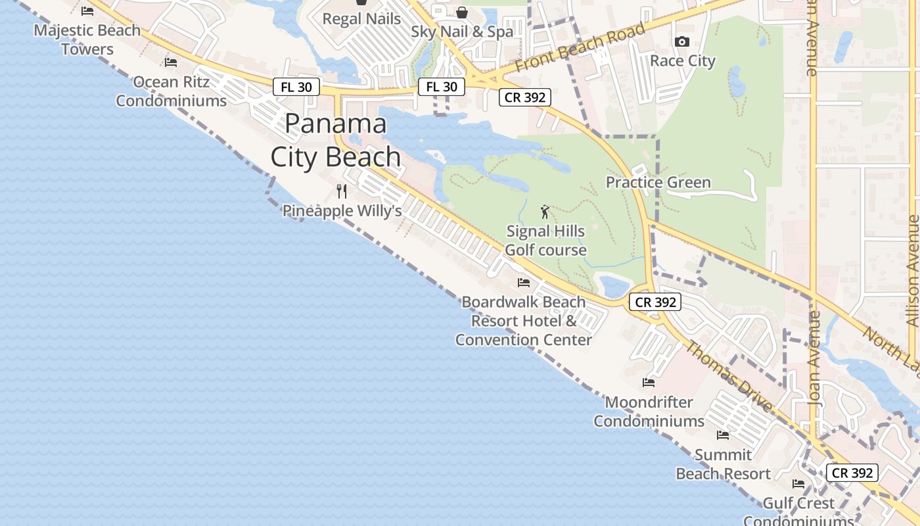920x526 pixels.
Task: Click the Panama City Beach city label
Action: click(x=335, y=140)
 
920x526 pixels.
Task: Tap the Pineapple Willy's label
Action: click(x=342, y=211)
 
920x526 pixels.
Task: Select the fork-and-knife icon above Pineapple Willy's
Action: click(x=342, y=191)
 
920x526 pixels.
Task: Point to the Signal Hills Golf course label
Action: click(x=545, y=241)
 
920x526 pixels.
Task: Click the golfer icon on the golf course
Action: click(x=545, y=212)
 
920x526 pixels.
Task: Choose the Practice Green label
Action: click(x=658, y=182)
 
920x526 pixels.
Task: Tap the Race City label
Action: click(x=682, y=61)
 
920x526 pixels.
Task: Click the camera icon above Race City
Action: click(x=682, y=42)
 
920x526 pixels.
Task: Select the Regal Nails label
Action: click(x=361, y=19)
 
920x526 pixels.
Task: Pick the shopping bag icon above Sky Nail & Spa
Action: click(x=462, y=12)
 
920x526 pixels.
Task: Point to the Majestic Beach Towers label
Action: click(x=87, y=39)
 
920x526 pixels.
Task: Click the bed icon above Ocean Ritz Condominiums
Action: click(x=171, y=62)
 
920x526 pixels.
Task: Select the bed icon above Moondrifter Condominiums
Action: click(x=649, y=383)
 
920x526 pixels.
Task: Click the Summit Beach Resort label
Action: click(x=723, y=464)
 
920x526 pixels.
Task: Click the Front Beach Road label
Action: click(x=580, y=49)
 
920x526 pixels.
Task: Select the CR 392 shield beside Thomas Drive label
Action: click(x=655, y=302)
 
